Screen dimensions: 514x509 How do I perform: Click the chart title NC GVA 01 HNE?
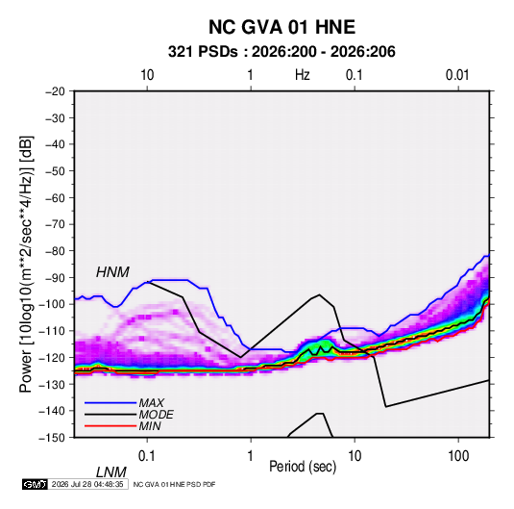pos(281,27)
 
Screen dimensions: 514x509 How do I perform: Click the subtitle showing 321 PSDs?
pos(281,52)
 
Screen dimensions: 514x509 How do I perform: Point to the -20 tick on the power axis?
pos(55,91)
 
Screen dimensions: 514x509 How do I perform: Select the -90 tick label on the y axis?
pos(55,278)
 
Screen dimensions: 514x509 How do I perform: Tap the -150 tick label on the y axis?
pos(52,438)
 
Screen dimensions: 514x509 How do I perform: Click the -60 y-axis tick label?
pos(55,198)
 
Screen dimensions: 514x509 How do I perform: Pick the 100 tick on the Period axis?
pos(458,456)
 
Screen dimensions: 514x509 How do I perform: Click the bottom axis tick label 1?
pos(251,456)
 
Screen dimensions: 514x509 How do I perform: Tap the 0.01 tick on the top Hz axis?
pos(457,75)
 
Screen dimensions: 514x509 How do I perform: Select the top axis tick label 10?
pos(147,75)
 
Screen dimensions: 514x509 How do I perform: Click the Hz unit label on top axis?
pos(303,75)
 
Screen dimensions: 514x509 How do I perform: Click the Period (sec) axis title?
pos(303,467)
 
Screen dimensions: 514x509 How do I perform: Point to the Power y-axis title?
pos(26,264)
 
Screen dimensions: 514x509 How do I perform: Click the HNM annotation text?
pos(112,272)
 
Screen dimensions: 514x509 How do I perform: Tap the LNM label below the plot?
pos(111,472)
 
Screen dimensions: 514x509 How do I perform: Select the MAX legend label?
pos(152,403)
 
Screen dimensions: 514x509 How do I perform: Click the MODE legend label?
pos(156,415)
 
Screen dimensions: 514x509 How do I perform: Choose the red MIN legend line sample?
pos(110,426)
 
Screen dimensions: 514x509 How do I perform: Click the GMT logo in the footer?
pos(36,484)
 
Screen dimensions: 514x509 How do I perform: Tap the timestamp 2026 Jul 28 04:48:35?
pos(87,484)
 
